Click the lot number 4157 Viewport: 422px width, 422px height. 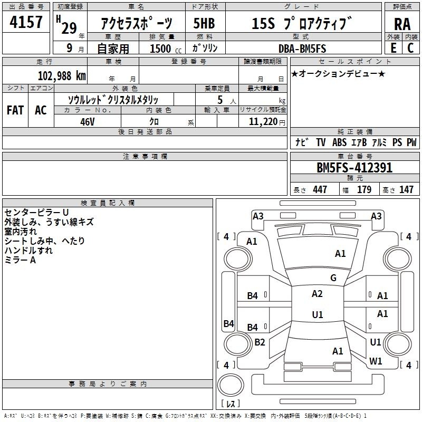[26, 22]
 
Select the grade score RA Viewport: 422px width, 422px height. [402, 24]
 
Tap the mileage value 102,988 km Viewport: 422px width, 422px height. [62, 76]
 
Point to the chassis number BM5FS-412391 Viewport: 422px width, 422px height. [354, 168]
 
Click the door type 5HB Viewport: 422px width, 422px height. [204, 23]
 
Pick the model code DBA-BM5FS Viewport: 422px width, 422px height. [302, 49]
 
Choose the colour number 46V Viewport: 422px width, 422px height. [88, 122]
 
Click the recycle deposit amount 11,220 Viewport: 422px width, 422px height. [263, 122]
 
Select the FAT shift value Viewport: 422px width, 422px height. [15, 110]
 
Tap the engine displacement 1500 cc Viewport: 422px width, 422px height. [166, 49]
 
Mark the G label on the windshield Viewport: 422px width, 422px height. [333, 277]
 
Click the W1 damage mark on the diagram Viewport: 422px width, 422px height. [376, 361]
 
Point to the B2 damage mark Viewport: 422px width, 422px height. [260, 342]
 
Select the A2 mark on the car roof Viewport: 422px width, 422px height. [317, 294]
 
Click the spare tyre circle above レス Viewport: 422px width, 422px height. [231, 385]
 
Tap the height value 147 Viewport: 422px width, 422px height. [406, 189]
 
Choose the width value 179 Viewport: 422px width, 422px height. [364, 189]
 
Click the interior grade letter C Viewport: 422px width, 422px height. [410, 48]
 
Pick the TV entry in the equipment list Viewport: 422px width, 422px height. [321, 142]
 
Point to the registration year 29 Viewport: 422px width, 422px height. [69, 28]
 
